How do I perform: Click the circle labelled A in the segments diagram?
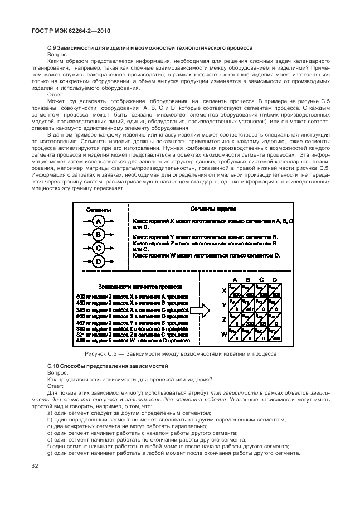(x=98, y=222)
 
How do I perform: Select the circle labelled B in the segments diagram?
(x=98, y=235)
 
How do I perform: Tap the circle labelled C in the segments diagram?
(x=98, y=248)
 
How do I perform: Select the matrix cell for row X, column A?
(x=235, y=292)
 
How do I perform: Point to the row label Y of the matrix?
(x=224, y=306)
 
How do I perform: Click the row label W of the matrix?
(x=223, y=335)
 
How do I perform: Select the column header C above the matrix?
(x=261, y=280)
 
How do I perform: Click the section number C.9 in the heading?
(x=53, y=48)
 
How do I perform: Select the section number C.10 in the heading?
(x=55, y=366)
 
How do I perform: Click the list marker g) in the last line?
(x=50, y=453)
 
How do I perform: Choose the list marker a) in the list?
(x=50, y=413)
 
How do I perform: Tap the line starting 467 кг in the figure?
(x=132, y=323)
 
